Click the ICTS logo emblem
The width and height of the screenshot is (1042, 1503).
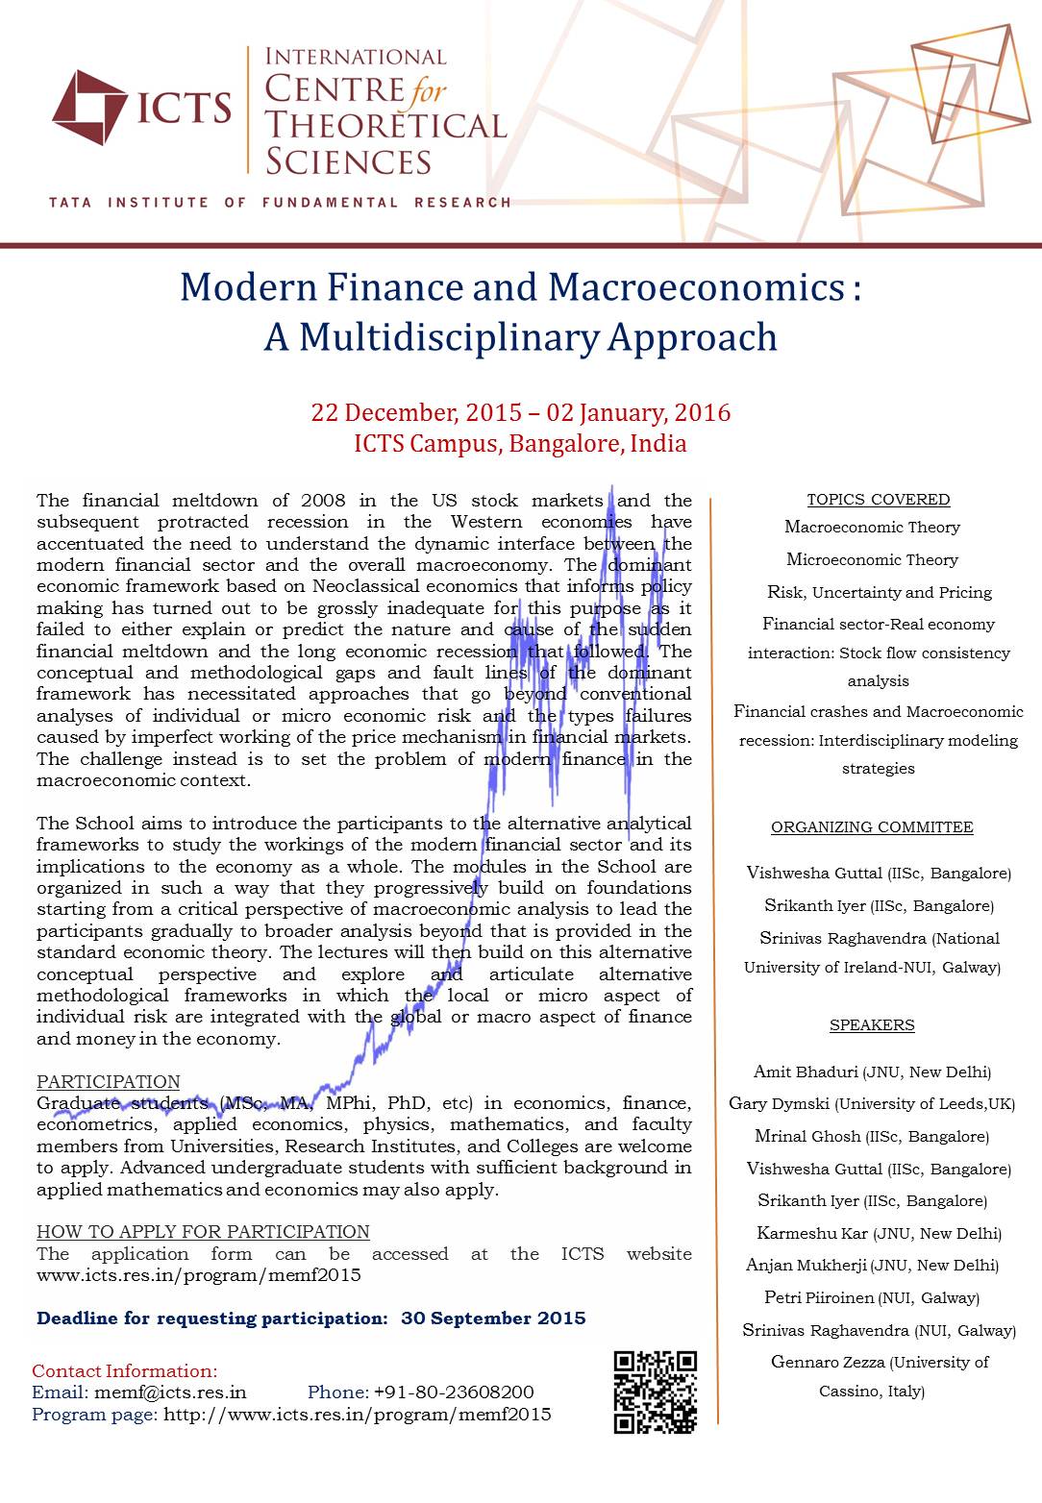[x=89, y=107]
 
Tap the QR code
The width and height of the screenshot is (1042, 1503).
[x=655, y=1392]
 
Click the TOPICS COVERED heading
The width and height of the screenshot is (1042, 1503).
[x=878, y=500]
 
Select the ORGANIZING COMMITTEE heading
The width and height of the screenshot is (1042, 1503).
[x=872, y=827]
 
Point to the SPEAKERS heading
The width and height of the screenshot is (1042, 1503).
[x=872, y=1025]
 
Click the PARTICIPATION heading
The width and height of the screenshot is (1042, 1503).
[x=108, y=1082]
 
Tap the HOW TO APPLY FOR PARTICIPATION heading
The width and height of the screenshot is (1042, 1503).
[x=203, y=1232]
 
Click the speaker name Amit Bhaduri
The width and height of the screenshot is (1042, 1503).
[x=806, y=1072]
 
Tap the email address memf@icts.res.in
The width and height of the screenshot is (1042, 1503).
[x=170, y=1392]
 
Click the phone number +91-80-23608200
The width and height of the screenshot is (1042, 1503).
[x=454, y=1392]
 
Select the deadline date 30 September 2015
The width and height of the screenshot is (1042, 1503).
[x=493, y=1318]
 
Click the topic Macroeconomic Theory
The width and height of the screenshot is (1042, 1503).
[x=872, y=527]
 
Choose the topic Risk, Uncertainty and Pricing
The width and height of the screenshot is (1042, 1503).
[x=879, y=592]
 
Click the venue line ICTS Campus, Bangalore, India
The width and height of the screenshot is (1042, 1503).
[x=520, y=444]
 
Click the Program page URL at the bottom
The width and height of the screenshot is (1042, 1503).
[x=357, y=1415]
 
